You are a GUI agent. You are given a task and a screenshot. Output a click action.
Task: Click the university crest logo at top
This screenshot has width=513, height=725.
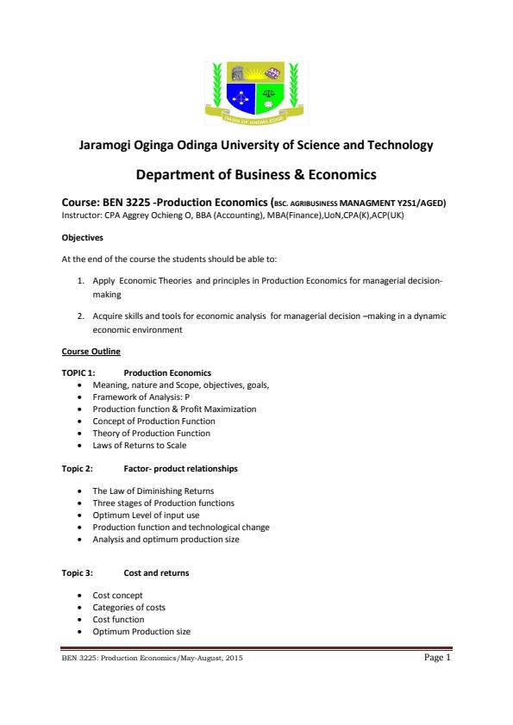coord(256,90)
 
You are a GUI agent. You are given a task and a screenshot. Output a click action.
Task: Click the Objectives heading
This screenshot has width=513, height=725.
coord(83,236)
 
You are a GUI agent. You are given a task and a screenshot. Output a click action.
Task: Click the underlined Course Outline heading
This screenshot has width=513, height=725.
coord(91,352)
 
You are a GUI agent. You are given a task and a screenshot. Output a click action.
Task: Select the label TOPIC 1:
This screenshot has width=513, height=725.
coord(78,372)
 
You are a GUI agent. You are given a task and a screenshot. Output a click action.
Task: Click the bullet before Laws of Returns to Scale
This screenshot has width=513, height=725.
coord(80,445)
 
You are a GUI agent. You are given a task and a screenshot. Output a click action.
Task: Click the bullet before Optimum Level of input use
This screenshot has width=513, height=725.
coord(80,515)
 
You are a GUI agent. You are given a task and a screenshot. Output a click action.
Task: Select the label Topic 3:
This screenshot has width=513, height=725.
coord(78,572)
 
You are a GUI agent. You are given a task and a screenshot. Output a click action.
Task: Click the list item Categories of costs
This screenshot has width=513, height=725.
coord(129,607)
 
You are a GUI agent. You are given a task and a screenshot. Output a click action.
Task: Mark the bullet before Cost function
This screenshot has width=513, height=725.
coord(80,619)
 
